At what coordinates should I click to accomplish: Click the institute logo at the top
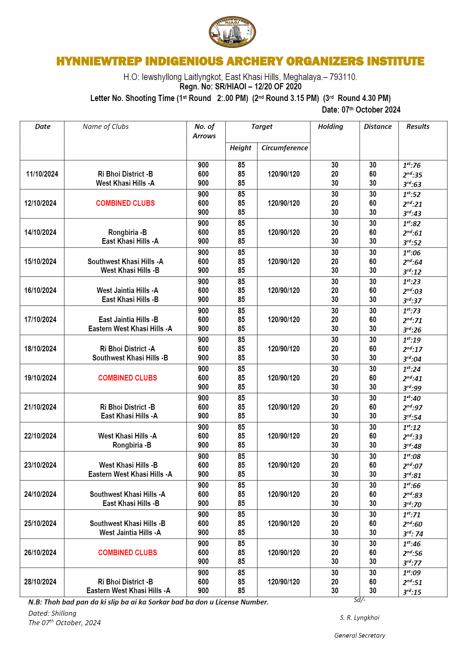pyautogui.click(x=232, y=32)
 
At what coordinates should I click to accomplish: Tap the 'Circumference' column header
pyautogui.click(x=284, y=148)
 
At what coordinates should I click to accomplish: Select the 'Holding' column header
pyautogui.click(x=330, y=126)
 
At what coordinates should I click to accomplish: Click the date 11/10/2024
pyautogui.click(x=42, y=174)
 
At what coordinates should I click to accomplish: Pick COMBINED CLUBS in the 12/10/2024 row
pyautogui.click(x=125, y=203)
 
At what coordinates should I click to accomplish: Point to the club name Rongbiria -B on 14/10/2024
pyautogui.click(x=127, y=232)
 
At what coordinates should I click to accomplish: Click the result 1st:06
pyautogui.click(x=411, y=253)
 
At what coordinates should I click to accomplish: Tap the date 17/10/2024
pyautogui.click(x=40, y=320)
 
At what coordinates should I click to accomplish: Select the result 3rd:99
pyautogui.click(x=412, y=388)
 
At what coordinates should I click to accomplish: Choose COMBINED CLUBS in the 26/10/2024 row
pyautogui.click(x=127, y=553)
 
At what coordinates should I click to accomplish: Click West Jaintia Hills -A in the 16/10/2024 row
pyautogui.click(x=127, y=290)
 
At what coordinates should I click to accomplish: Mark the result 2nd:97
pyautogui.click(x=412, y=407)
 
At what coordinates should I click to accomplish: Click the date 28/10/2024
pyautogui.click(x=40, y=582)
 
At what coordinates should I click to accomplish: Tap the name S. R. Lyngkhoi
pyautogui.click(x=360, y=618)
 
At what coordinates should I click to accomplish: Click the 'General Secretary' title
pyautogui.click(x=360, y=636)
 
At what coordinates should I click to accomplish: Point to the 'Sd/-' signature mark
pyautogui.click(x=359, y=600)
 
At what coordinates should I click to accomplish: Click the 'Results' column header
pyautogui.click(x=418, y=126)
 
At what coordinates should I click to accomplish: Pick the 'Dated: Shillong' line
pyautogui.click(x=52, y=613)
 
